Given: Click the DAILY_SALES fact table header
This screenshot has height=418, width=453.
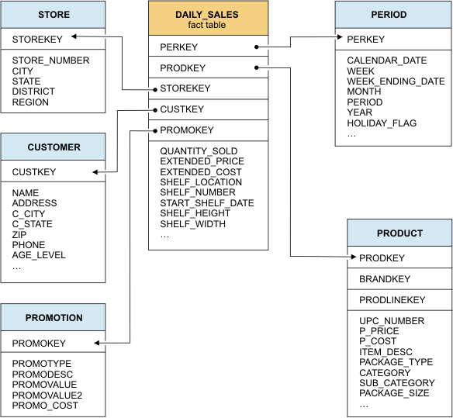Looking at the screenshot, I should click(208, 19).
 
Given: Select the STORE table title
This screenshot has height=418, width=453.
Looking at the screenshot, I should click(54, 15).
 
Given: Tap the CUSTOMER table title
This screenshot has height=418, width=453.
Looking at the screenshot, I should click(54, 147).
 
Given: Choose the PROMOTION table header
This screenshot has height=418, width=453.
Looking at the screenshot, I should click(54, 317).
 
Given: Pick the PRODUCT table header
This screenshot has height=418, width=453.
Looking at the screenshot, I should click(399, 233).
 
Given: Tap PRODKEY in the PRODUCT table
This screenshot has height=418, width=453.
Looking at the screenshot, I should click(382, 257).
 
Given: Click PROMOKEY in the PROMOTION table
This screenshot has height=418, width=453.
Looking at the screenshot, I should click(39, 343).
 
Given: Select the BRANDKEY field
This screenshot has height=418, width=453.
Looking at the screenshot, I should click(385, 278).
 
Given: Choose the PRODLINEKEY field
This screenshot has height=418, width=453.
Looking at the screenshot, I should click(392, 299).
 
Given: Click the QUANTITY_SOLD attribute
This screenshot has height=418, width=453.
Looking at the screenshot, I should click(199, 151).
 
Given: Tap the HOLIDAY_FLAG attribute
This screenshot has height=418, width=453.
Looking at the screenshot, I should click(382, 123).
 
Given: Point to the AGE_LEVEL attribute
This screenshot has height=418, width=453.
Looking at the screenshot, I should click(39, 255).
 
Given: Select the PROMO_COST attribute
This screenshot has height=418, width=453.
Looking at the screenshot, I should click(44, 406).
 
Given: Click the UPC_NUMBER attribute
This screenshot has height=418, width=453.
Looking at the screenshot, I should click(392, 320).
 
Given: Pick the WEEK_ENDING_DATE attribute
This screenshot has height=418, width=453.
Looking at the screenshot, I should click(396, 81).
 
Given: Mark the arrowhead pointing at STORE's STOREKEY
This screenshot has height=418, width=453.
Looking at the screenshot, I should click(73, 36).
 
